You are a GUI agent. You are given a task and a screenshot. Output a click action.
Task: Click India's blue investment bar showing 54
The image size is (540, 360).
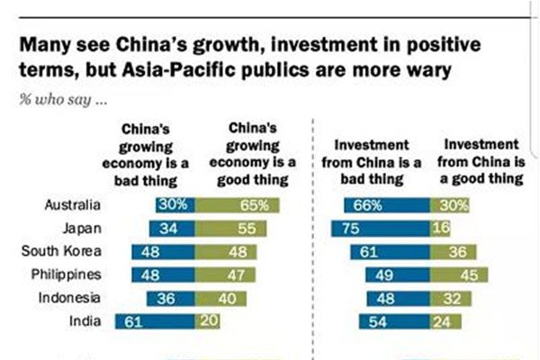pyautogui.click(x=395, y=320)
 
